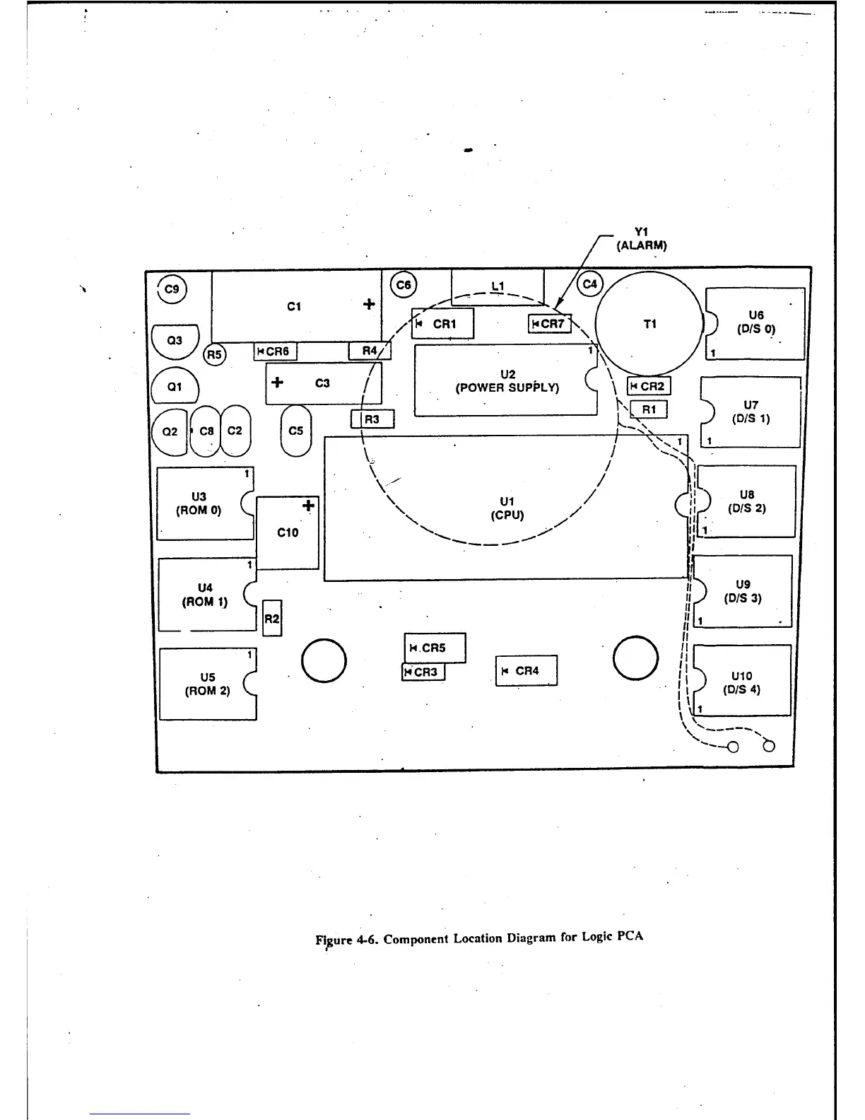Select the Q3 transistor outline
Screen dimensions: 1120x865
point(175,341)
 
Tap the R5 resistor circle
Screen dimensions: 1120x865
point(214,354)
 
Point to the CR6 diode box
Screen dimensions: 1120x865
point(275,351)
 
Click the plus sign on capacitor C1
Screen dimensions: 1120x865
point(369,304)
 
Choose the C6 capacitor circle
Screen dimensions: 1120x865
point(404,285)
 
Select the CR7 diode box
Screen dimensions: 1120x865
point(550,324)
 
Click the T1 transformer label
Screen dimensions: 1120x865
point(650,324)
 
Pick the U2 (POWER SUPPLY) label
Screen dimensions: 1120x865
point(507,381)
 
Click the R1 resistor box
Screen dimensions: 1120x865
point(649,409)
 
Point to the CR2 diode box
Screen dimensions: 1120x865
point(649,386)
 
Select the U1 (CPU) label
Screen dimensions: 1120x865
point(507,508)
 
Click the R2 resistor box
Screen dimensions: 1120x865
point(272,619)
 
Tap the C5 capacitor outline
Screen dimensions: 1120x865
point(296,431)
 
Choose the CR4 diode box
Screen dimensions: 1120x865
point(526,671)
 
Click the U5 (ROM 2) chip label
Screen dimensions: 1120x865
point(208,684)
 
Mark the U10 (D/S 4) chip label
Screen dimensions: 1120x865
point(741,683)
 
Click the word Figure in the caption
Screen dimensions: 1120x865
point(333,940)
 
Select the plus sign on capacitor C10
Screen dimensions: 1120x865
point(308,506)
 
